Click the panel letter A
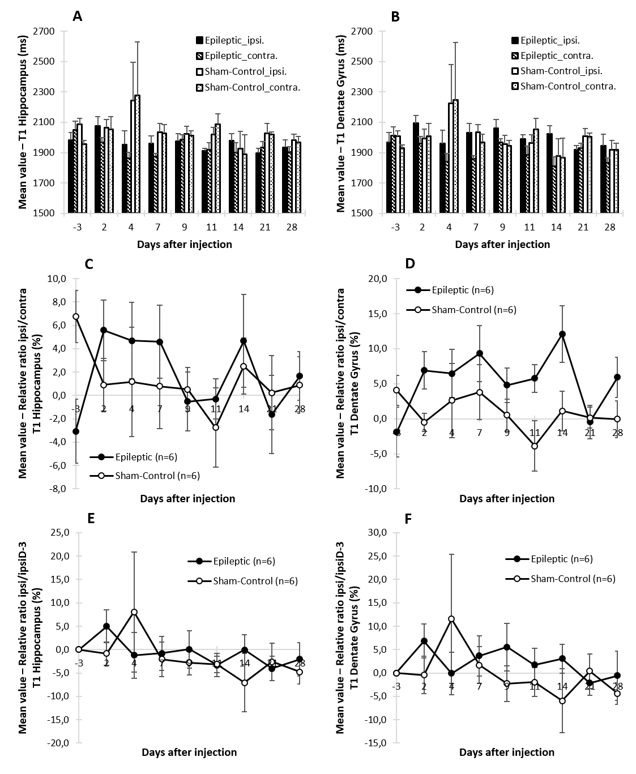(78, 17)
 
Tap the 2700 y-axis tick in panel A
(49, 32)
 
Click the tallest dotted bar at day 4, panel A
(138, 153)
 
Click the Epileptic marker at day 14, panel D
(562, 334)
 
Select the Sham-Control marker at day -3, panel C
(76, 317)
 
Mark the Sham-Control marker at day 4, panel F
(451, 619)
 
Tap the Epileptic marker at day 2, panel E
(106, 626)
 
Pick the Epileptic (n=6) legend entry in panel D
(456, 290)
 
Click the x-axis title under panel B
(502, 245)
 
